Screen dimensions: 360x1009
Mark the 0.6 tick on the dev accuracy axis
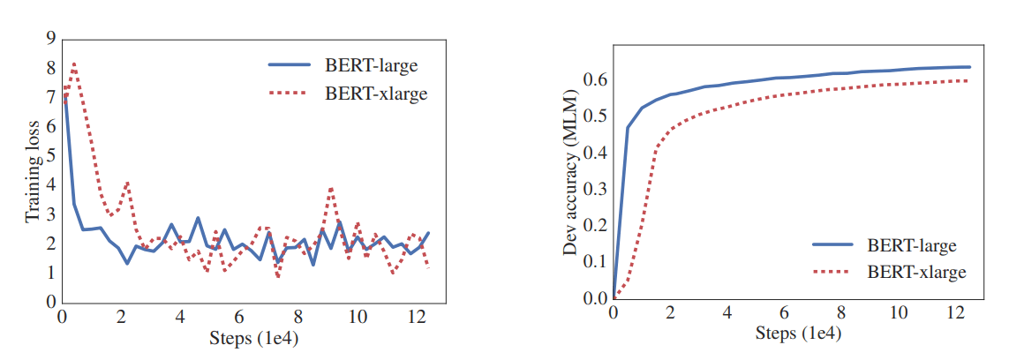597,79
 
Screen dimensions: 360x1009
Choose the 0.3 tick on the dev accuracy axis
597,189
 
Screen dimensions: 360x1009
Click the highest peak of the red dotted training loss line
74,64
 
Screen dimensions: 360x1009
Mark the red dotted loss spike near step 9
331,188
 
